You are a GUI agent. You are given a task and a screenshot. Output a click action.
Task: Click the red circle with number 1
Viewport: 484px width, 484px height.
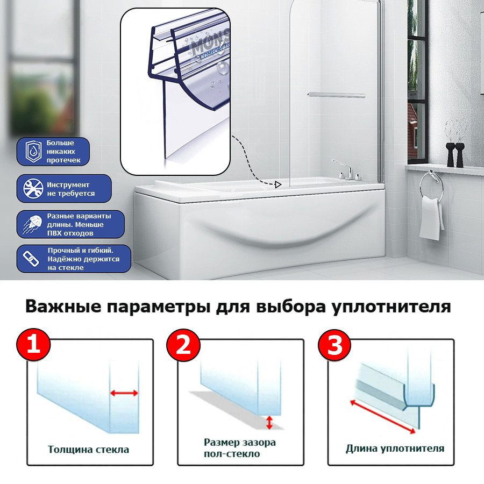(x=33, y=345)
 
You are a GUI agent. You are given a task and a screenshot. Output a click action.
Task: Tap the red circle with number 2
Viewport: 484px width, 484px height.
(x=183, y=345)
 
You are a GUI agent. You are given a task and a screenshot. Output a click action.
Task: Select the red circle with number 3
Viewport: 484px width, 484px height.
(x=334, y=345)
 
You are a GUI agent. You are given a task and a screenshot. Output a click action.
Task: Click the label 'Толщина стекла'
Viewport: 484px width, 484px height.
(x=89, y=449)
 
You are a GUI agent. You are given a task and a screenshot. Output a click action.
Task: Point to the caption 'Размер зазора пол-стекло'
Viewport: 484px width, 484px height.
(x=239, y=448)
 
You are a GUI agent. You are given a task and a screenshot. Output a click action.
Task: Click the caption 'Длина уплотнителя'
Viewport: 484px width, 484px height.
(x=395, y=448)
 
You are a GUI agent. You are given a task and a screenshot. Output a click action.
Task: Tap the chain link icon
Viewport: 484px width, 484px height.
(x=31, y=260)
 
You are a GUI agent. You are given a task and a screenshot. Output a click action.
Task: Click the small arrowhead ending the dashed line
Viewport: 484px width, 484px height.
(x=278, y=185)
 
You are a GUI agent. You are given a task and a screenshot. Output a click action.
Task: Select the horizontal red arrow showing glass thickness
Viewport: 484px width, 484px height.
(x=124, y=393)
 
